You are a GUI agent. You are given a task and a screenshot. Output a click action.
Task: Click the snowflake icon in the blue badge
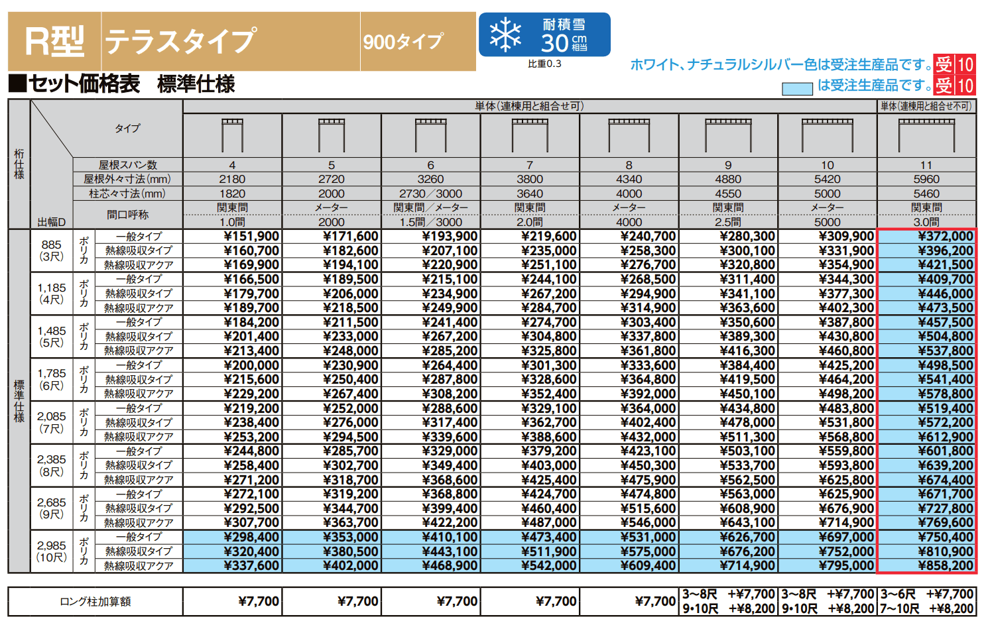click(505, 35)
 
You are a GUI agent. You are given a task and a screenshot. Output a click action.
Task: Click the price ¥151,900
click(251, 237)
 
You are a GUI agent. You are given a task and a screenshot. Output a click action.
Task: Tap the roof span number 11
click(926, 165)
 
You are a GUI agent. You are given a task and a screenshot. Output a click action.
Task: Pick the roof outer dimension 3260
click(430, 179)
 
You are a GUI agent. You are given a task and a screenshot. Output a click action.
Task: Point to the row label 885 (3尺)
click(51, 251)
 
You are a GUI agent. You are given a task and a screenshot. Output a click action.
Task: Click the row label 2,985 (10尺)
click(51, 551)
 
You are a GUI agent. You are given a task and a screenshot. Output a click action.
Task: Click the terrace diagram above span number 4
click(232, 135)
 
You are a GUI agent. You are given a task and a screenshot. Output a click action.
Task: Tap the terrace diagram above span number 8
click(629, 135)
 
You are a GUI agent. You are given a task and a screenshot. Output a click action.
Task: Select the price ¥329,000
click(450, 451)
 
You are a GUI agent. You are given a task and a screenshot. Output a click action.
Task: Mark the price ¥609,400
click(648, 565)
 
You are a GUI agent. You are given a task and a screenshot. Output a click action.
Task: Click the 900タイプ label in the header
click(403, 42)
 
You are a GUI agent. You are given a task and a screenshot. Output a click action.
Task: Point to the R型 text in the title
click(54, 42)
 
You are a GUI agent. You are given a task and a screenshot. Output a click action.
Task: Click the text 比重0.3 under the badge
click(544, 64)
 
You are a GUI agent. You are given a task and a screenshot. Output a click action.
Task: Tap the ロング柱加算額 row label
click(95, 601)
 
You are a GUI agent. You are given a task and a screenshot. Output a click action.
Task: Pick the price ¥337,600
click(251, 565)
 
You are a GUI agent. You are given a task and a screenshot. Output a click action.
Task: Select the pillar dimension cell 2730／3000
click(430, 194)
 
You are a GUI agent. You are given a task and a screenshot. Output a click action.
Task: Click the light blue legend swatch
click(797, 88)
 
